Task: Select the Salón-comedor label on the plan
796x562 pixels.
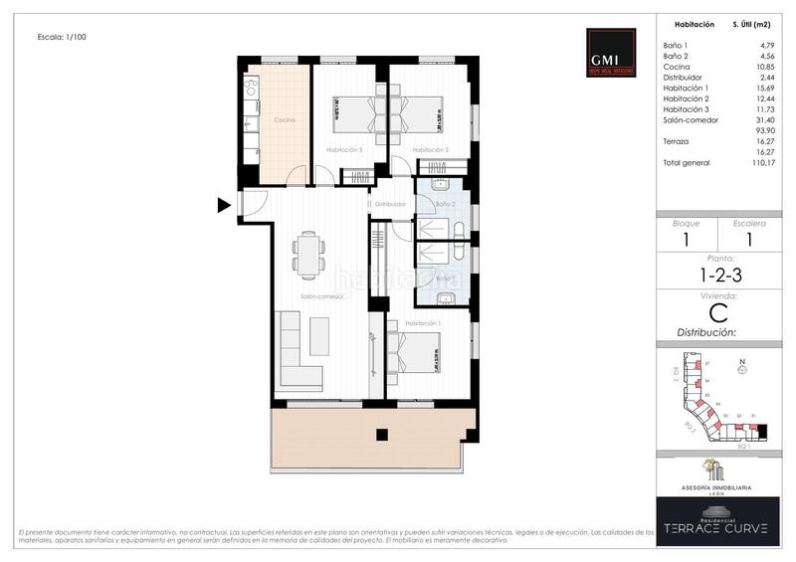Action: tap(321, 296)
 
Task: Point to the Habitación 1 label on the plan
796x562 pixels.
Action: tap(422, 323)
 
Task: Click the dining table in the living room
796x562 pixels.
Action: tap(309, 254)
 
